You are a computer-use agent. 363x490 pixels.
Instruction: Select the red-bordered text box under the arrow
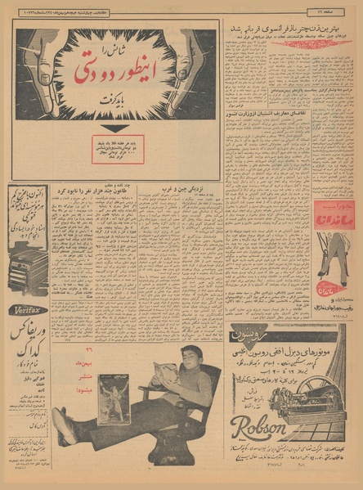[x=117, y=147]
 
